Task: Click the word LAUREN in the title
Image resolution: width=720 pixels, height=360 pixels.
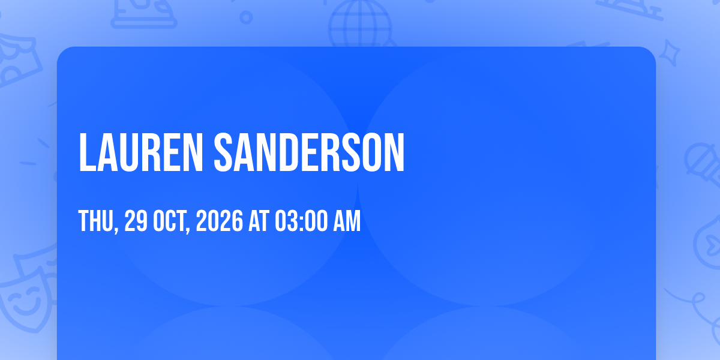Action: tap(141, 152)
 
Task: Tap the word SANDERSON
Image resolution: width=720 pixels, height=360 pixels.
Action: tap(309, 152)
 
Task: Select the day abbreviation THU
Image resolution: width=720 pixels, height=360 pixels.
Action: tap(97, 221)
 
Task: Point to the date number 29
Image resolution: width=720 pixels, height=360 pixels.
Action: tap(136, 221)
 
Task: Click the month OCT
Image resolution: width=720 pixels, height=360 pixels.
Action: tap(170, 221)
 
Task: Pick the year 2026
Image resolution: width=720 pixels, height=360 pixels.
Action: tap(220, 221)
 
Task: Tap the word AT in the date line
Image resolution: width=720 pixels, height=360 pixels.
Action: tap(259, 221)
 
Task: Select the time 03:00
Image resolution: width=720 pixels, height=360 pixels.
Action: tap(301, 221)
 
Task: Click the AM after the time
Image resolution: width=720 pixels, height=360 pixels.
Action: tap(347, 221)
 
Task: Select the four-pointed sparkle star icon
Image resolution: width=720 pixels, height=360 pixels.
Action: tap(669, 53)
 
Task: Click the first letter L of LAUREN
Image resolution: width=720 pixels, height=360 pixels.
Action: tap(87, 152)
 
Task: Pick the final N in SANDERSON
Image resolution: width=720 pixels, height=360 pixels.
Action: tap(394, 152)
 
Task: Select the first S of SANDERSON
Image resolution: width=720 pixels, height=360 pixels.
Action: tap(223, 152)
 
